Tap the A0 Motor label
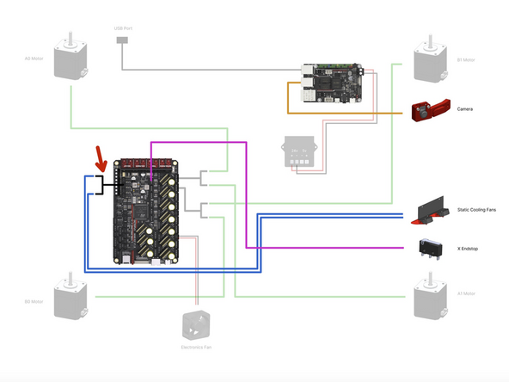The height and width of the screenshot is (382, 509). click(33, 59)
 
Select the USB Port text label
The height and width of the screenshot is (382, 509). click(124, 28)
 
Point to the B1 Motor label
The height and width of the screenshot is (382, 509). click(466, 59)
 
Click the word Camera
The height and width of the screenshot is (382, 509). click(465, 109)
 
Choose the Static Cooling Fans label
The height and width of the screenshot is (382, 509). click(477, 210)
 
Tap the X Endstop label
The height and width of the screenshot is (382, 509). click(469, 248)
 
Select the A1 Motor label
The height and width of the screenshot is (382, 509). click(466, 293)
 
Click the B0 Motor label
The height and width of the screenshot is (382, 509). click(33, 302)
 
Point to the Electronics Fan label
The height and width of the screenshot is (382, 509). click(196, 347)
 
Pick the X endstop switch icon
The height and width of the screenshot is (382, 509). click(431, 247)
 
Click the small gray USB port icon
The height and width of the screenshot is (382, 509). click(124, 40)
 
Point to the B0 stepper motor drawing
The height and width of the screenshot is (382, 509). click(70, 300)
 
